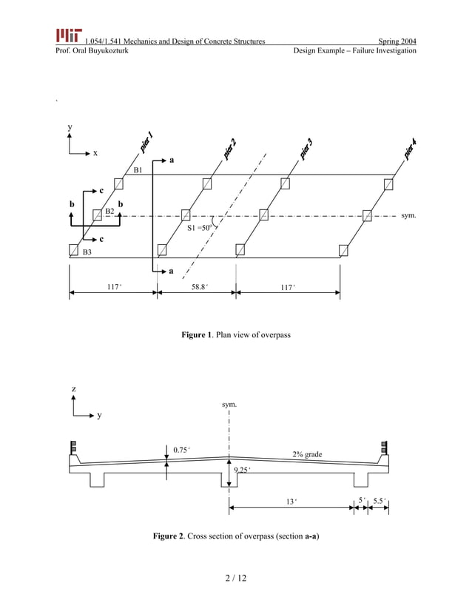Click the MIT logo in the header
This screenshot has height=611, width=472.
(x=68, y=36)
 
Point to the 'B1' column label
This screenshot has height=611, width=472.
(x=138, y=170)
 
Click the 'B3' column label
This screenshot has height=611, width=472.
(x=87, y=252)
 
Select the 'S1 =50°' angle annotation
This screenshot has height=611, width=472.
(x=199, y=229)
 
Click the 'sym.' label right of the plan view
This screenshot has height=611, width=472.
(x=408, y=216)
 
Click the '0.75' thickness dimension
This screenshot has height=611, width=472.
(x=181, y=449)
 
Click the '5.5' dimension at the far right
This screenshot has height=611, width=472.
(x=380, y=500)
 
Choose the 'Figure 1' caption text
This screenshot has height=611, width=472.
(x=236, y=336)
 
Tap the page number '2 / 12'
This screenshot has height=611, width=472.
(x=236, y=578)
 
